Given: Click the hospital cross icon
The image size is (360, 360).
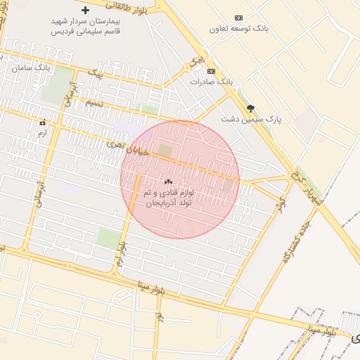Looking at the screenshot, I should (86, 11).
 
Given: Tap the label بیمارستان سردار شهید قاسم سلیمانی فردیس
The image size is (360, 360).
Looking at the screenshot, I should (85, 26).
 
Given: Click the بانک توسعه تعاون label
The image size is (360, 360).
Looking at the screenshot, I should (238, 29).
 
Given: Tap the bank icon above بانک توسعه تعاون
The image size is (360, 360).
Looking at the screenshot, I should (238, 18).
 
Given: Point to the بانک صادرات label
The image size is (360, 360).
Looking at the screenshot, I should (211, 82).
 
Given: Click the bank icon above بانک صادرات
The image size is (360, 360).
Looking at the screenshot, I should (211, 71).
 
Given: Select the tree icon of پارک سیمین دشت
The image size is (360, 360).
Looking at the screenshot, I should (251, 108).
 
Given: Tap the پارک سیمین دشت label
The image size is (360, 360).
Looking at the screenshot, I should (251, 120).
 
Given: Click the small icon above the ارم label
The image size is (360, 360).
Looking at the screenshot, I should (42, 122).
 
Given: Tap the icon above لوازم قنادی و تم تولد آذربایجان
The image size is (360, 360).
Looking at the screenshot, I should (168, 181).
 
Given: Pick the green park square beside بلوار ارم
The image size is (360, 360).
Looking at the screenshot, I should (108, 238).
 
